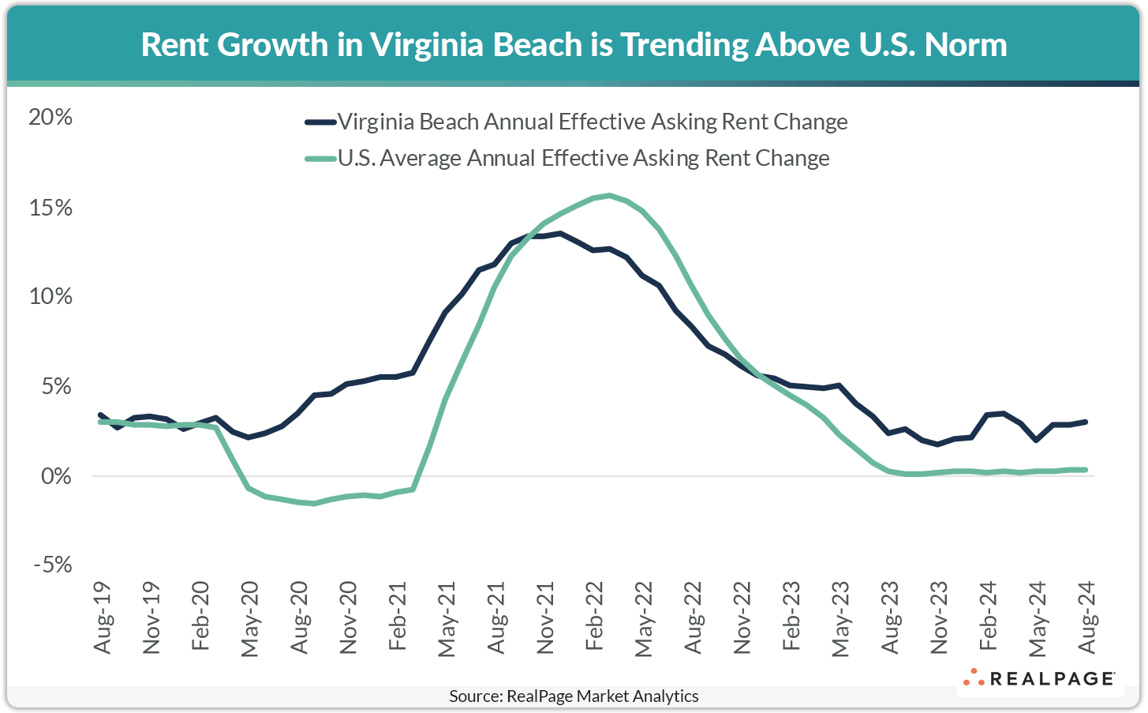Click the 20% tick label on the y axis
pyautogui.click(x=50, y=118)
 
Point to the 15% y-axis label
pyautogui.click(x=50, y=208)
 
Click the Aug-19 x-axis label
pyautogui.click(x=103, y=618)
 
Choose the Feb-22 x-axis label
pyautogui.click(x=595, y=618)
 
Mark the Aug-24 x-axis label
pyautogui.click(x=1087, y=618)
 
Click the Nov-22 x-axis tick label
pyautogui.click(x=742, y=618)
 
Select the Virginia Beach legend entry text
pyautogui.click(x=593, y=122)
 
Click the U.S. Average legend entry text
pyautogui.click(x=584, y=158)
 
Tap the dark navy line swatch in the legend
pyautogui.click(x=320, y=122)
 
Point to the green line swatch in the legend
pyautogui.click(x=320, y=159)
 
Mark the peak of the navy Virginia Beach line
pyautogui.click(x=559, y=233)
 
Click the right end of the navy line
pyautogui.click(x=1086, y=422)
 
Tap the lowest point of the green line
pyautogui.click(x=314, y=503)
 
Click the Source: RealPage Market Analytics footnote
pyautogui.click(x=574, y=696)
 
